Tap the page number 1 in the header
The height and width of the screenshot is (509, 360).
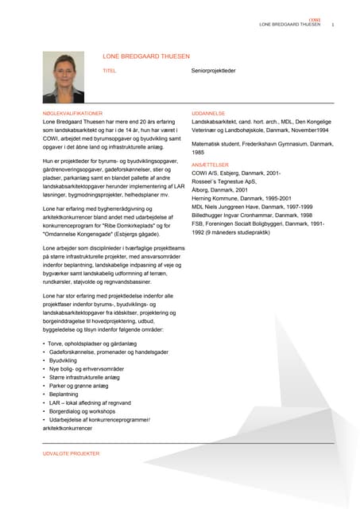(332, 25)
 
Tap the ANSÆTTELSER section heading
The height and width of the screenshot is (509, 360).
(211, 164)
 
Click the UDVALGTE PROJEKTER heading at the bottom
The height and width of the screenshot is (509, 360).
(72, 453)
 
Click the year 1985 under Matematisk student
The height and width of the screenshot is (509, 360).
(199, 151)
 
